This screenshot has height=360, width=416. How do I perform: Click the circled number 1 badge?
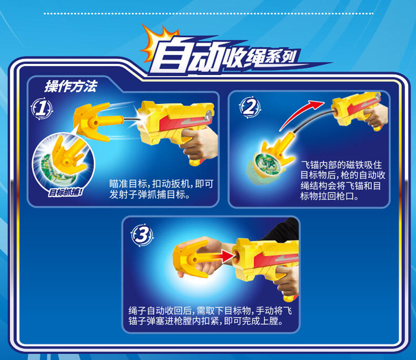42,109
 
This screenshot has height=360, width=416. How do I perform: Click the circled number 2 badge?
250,107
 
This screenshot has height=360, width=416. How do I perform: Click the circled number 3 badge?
142,235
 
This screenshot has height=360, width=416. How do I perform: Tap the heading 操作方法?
71,86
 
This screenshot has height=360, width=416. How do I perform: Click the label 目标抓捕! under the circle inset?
65,192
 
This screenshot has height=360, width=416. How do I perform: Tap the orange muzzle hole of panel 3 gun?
236,256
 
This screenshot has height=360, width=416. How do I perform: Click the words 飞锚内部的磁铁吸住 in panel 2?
341,165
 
